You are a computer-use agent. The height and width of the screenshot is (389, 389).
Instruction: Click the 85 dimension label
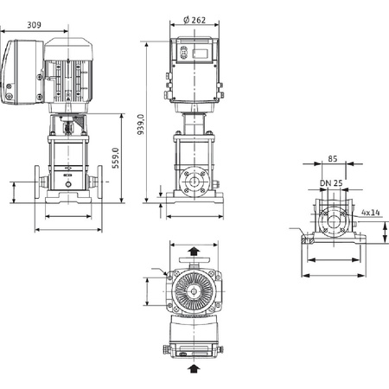332,159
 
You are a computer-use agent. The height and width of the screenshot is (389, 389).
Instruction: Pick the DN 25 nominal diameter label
331,183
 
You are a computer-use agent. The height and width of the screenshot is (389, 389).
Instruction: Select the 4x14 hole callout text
371,211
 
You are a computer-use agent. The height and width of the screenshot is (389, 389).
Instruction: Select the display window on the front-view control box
197,52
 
